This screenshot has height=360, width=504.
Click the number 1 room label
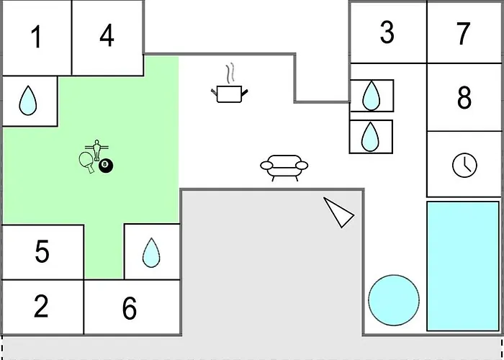[37, 37]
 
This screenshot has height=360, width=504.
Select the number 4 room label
[107, 35]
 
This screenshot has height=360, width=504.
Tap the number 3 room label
[387, 32]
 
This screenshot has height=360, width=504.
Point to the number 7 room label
[463, 33]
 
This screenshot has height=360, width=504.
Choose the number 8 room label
[464, 97]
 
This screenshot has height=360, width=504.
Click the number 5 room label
[42, 251]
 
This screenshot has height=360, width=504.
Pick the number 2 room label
[41, 306]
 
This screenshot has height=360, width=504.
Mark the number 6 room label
[130, 308]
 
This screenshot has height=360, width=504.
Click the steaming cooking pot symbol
[229, 84]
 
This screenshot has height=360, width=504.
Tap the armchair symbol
[284, 168]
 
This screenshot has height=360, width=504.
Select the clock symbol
[465, 165]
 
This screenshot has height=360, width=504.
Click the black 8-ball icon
[106, 166]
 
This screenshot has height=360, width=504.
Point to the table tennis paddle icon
[87, 162]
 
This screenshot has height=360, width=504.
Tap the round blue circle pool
[394, 300]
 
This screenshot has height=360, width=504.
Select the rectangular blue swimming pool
[463, 266]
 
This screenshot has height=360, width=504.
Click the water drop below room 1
[28, 100]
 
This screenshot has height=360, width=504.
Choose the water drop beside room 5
[151, 252]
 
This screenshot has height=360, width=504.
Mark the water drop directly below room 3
[372, 96]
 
